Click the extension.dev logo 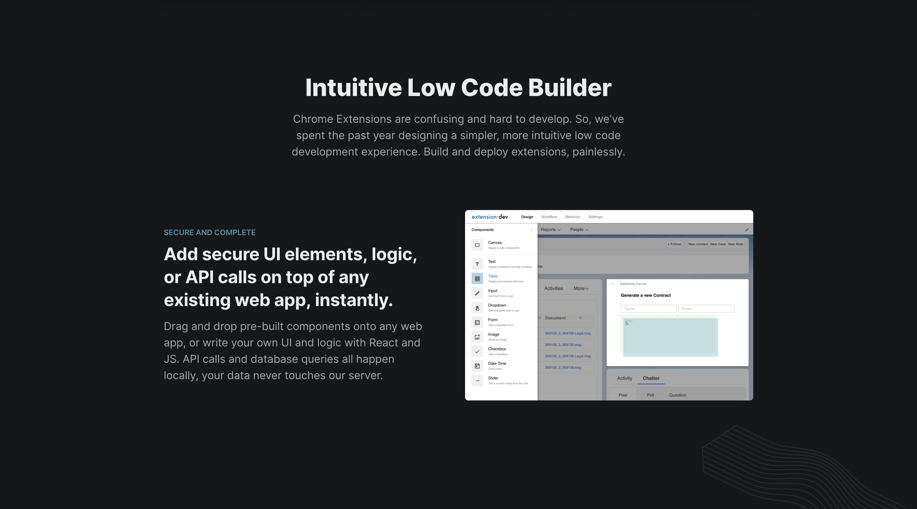pos(489,217)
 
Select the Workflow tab pos(549,217)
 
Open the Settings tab pos(595,217)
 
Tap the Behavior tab pos(572,217)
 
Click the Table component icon pos(477,279)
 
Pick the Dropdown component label pos(497,305)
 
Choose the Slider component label pos(493,378)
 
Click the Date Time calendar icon pos(477,366)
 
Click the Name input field pos(648,309)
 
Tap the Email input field pos(706,309)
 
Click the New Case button pos(718,244)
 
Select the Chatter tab pos(651,378)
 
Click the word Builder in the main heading pos(570,88)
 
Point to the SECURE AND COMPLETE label pos(209,233)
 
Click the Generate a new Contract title pos(645,295)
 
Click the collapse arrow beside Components pos(531,230)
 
